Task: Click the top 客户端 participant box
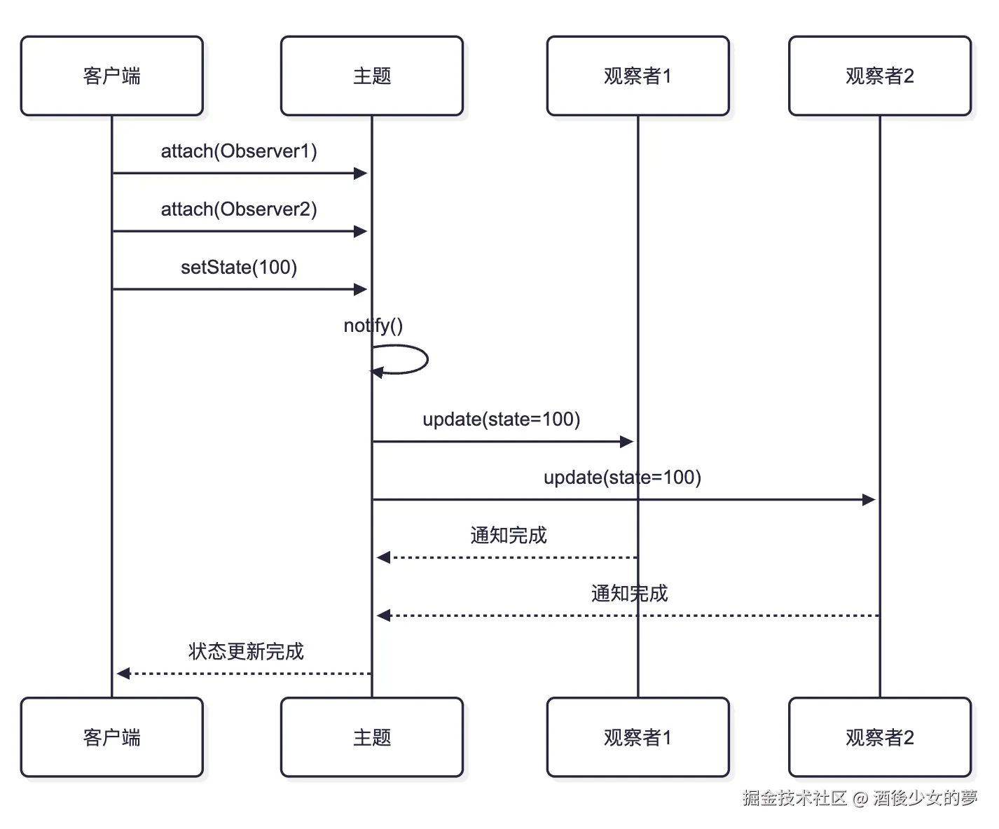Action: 112,76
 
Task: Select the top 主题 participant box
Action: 372,76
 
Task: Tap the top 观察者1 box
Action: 638,76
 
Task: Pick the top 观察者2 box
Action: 880,76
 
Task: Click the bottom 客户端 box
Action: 112,737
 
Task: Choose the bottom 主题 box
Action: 372,737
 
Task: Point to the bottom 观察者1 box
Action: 638,737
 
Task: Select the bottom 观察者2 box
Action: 880,737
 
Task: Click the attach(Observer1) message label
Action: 239,151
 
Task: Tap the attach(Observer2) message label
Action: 239,209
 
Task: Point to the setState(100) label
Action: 239,267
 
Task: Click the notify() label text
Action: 373,326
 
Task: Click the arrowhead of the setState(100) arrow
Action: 361,289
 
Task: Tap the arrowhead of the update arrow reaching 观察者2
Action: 869,500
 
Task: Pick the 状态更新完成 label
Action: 246,652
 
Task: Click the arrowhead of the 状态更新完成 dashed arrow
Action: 123,674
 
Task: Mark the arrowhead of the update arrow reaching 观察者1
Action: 627,442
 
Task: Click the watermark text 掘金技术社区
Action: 794,797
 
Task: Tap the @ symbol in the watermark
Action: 860,798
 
